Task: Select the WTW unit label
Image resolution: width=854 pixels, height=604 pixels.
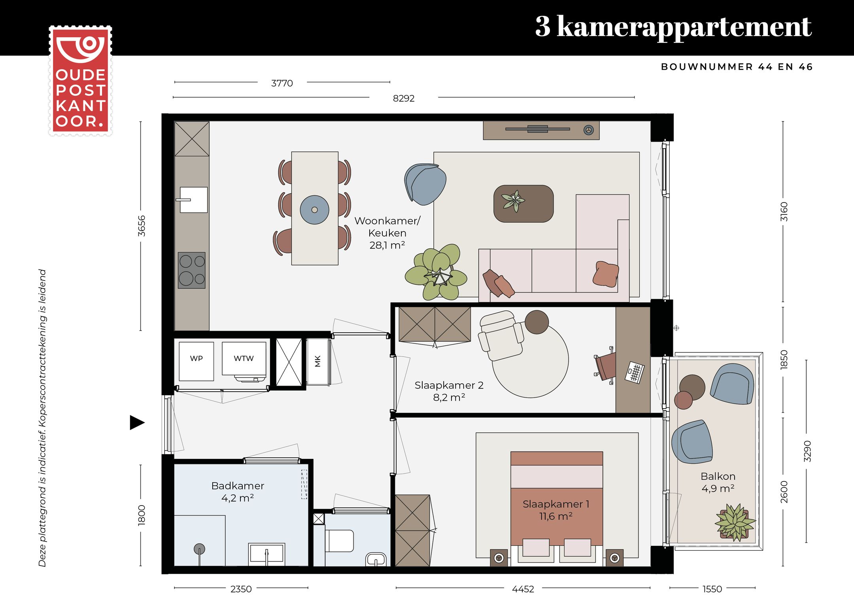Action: (x=244, y=359)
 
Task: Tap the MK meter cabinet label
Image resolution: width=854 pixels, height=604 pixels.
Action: (x=318, y=361)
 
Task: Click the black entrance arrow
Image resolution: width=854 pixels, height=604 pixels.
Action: (x=137, y=422)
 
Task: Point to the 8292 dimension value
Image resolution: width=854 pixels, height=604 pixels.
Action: (x=403, y=98)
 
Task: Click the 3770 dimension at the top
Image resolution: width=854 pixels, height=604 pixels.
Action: (x=282, y=83)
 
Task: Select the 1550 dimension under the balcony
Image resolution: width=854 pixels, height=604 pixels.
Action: (x=712, y=589)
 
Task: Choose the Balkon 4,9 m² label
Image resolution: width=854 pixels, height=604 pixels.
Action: (x=718, y=482)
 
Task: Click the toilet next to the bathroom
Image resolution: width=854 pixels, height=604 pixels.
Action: (x=339, y=541)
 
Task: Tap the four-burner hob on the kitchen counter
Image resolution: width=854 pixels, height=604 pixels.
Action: (x=192, y=270)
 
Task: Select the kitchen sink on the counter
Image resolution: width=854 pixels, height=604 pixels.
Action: (x=193, y=200)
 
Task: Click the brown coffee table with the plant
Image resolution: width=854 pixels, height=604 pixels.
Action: (x=523, y=204)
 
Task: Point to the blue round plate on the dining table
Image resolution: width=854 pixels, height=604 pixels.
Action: (x=314, y=210)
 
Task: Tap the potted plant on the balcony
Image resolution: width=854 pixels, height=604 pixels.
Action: (x=735, y=522)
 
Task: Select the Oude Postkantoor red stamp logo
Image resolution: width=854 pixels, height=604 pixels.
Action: (x=80, y=81)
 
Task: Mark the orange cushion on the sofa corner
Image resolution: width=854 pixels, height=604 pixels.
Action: (x=605, y=274)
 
